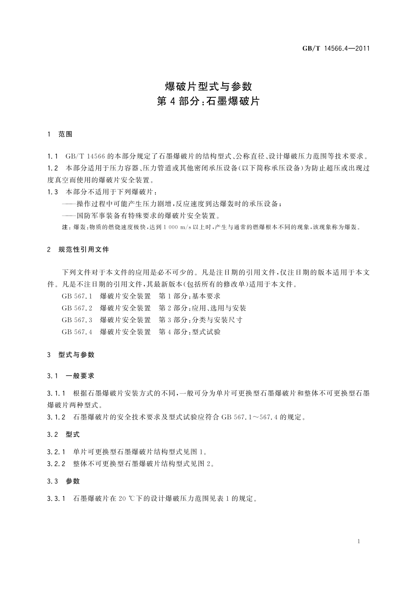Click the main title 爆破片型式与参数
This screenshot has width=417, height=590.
click(x=208, y=85)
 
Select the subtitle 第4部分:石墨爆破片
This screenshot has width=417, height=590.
click(x=208, y=101)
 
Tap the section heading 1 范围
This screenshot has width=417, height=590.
click(x=60, y=134)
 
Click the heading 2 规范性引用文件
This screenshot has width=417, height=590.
click(x=78, y=250)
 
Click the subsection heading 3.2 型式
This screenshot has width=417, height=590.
click(x=64, y=435)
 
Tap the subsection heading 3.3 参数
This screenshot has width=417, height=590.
click(x=64, y=481)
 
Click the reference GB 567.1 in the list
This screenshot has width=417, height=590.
click(x=77, y=296)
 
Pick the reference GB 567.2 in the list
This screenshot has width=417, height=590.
click(x=77, y=308)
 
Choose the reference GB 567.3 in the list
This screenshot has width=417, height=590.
click(x=77, y=320)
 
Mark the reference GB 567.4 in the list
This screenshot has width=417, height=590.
click(x=77, y=332)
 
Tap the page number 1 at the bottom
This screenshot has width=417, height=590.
click(x=359, y=542)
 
